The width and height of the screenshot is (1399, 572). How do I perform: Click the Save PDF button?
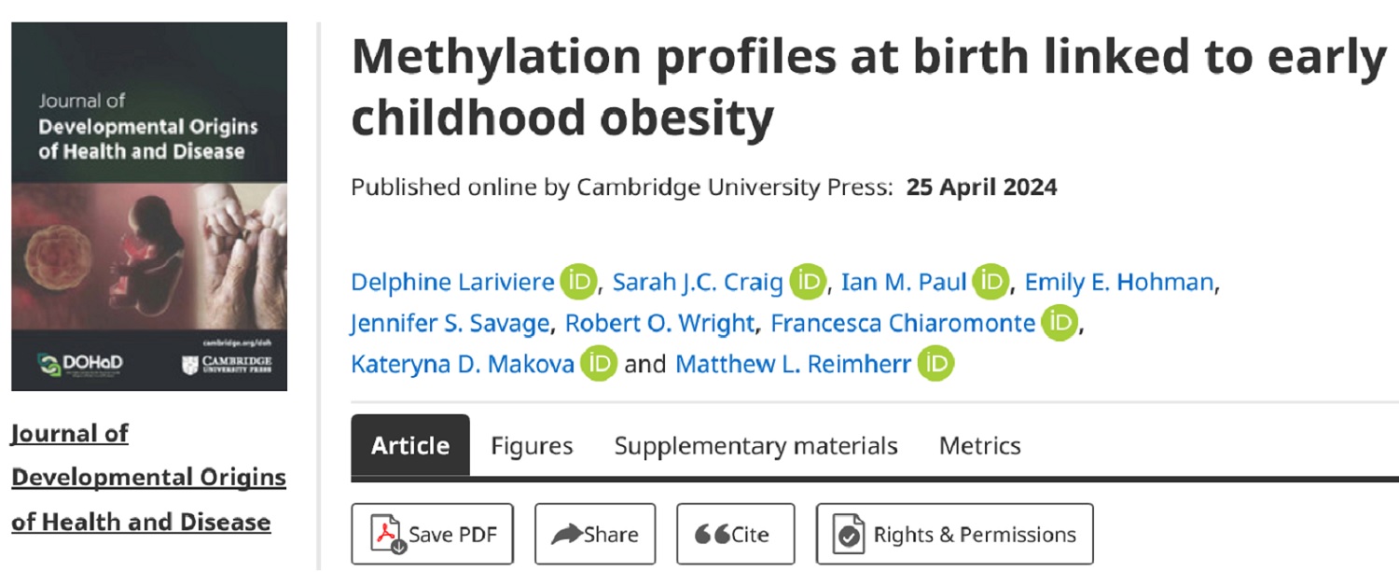[432, 535]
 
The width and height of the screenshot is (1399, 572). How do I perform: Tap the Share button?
[595, 535]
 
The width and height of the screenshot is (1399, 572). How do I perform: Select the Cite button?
[735, 535]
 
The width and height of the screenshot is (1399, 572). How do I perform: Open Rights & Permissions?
[954, 535]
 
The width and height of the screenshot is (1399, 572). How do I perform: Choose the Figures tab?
[532, 446]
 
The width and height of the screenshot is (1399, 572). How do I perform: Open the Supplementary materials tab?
[755, 446]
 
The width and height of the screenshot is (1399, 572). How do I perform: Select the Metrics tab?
[979, 446]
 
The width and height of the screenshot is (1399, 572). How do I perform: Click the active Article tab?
[410, 446]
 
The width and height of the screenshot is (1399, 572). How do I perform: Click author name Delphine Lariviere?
[452, 282]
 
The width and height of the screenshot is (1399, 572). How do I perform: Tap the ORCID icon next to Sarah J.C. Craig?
[808, 282]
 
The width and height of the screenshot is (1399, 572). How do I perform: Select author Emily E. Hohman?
[1122, 282]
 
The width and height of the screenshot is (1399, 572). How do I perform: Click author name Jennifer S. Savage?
[451, 323]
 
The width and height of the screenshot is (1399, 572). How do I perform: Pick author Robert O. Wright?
[660, 323]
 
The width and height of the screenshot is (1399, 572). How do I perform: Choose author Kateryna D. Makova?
[463, 364]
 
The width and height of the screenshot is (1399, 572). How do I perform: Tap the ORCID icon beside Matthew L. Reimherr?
[935, 364]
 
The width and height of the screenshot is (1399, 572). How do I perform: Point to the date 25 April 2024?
[981, 188]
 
